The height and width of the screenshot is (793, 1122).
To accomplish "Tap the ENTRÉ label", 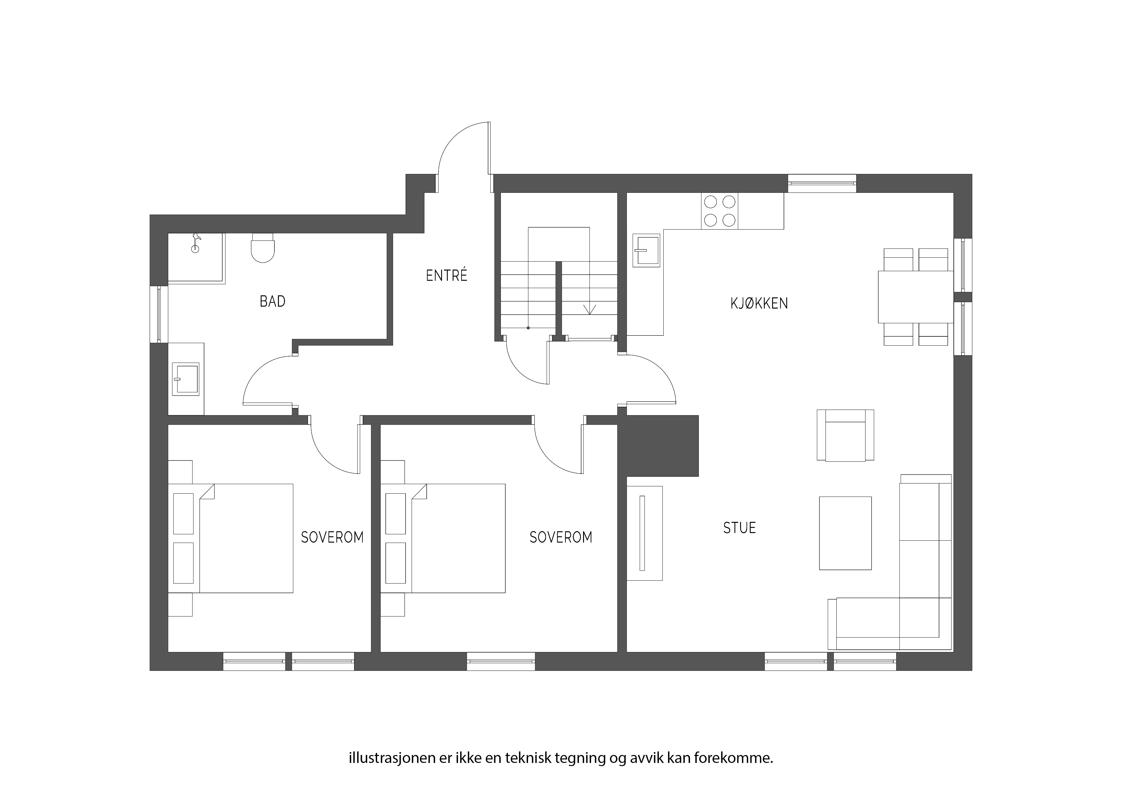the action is pyautogui.click(x=446, y=276).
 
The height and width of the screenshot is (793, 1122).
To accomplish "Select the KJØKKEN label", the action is pyautogui.click(x=759, y=303).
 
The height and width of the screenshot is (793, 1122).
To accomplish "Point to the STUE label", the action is pyautogui.click(x=739, y=528).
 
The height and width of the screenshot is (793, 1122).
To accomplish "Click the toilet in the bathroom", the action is pyautogui.click(x=262, y=248).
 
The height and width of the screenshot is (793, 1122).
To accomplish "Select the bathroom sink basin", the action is pyautogui.click(x=186, y=379).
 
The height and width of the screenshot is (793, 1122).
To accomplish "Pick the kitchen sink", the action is pyautogui.click(x=646, y=250).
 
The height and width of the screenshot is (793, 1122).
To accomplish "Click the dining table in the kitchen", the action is pyautogui.click(x=916, y=297).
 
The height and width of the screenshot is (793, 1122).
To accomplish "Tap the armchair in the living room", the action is pyautogui.click(x=845, y=435).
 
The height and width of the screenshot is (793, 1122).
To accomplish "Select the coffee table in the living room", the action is pyautogui.click(x=845, y=533).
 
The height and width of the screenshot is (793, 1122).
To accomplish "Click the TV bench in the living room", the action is pyautogui.click(x=644, y=533).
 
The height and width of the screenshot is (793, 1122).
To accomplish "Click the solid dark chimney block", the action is pyautogui.click(x=658, y=446).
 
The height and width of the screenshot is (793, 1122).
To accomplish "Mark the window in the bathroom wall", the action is pyautogui.click(x=159, y=314).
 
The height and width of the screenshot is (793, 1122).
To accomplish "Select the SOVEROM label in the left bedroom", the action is pyautogui.click(x=332, y=538).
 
